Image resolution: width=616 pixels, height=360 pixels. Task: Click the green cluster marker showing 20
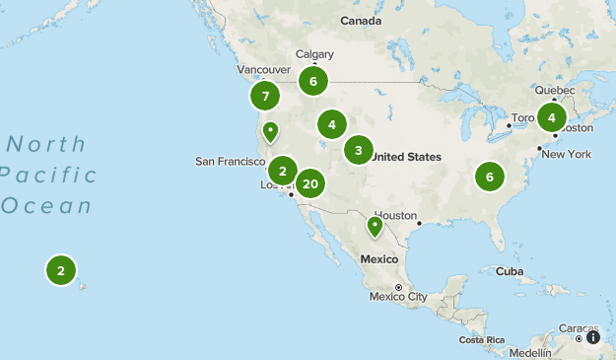(x=310, y=183)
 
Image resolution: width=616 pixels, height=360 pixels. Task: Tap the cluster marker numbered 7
(x=264, y=97)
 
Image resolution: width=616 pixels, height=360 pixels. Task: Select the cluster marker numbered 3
(x=359, y=151)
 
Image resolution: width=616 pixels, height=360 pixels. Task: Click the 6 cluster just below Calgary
(x=312, y=81)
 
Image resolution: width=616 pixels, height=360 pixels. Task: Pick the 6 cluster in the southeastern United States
(x=489, y=177)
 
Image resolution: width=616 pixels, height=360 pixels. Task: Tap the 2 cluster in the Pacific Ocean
(x=61, y=269)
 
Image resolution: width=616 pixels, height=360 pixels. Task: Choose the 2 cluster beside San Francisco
(x=283, y=171)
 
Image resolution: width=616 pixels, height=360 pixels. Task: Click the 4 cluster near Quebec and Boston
(x=552, y=117)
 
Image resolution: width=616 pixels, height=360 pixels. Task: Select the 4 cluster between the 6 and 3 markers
(x=332, y=124)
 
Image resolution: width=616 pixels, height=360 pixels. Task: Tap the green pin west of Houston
(x=375, y=227)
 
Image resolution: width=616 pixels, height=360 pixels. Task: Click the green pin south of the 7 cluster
(x=270, y=131)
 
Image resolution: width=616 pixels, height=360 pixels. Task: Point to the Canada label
(x=361, y=21)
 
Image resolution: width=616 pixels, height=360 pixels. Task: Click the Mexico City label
(x=397, y=296)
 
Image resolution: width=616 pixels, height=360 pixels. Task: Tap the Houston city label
(x=396, y=216)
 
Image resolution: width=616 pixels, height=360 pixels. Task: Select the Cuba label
(x=509, y=270)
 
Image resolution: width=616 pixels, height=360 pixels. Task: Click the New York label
(x=566, y=155)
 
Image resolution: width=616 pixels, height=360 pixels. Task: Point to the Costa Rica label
(x=482, y=339)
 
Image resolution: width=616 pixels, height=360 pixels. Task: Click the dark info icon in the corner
(x=592, y=337)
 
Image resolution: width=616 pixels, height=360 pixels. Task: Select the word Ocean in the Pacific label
(x=46, y=206)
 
